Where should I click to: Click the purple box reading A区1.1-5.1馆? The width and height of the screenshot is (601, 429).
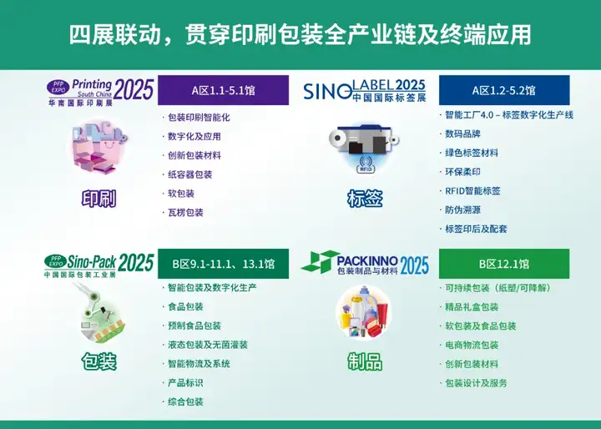(223, 90)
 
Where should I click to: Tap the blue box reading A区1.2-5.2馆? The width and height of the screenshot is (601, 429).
(504, 90)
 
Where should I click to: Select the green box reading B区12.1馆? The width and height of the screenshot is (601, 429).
(504, 264)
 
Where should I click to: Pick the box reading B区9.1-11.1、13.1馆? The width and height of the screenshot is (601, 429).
(223, 264)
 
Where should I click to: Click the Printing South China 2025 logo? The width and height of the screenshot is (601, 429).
(100, 92)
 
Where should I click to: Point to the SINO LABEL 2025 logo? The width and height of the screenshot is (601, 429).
(365, 91)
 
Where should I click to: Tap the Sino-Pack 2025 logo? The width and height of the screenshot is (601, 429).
(98, 265)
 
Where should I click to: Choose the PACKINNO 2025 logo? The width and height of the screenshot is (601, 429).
(365, 263)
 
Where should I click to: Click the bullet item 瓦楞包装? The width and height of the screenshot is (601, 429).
(185, 212)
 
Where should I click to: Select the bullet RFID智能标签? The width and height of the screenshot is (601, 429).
(472, 191)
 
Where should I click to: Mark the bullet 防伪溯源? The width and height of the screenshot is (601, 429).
(462, 209)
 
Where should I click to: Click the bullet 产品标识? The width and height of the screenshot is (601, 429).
(185, 382)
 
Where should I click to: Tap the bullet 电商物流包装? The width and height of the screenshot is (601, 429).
(472, 345)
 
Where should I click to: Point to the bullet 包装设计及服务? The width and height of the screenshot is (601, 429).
(476, 383)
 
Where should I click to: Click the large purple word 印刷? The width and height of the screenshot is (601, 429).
(98, 199)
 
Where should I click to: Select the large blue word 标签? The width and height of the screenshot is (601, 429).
(365, 199)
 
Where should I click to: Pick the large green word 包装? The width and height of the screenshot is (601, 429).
(98, 361)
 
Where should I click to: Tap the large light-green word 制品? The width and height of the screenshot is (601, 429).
(365, 361)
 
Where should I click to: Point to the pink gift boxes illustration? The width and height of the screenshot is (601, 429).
(99, 147)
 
